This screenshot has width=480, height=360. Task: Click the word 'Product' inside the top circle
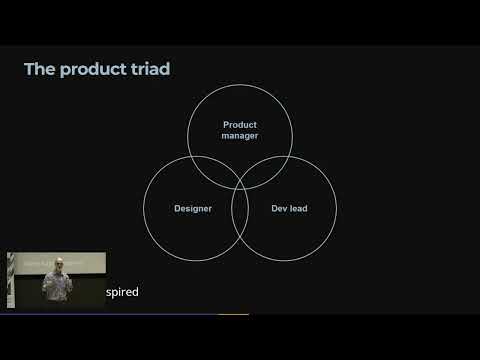(x=240, y=124)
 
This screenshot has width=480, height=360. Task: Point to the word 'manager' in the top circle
(x=240, y=135)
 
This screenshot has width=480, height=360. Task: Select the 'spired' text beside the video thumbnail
(x=122, y=292)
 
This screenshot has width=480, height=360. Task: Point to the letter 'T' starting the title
(x=28, y=69)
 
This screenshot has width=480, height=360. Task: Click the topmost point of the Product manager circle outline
(x=240, y=84)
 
